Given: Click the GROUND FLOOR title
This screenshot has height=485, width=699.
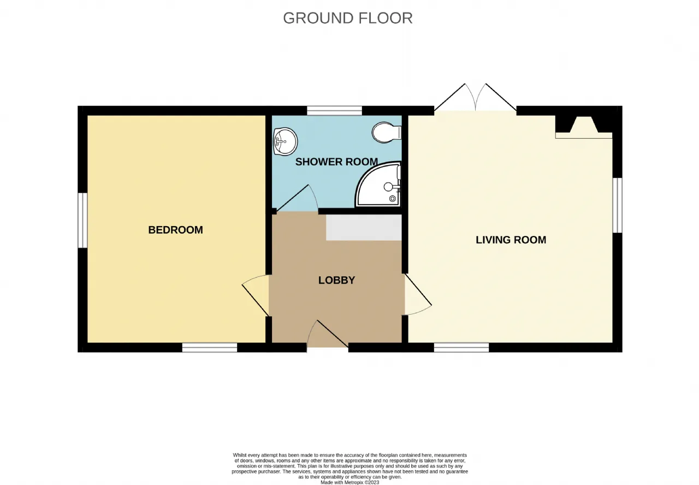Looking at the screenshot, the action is point(348,18).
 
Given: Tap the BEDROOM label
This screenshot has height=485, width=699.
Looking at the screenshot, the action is point(175,230).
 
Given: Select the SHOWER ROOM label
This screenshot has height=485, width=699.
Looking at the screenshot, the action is point(336,162).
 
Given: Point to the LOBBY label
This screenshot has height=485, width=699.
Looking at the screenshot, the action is point(336,280).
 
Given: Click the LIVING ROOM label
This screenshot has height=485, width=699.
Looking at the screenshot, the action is point(511,240).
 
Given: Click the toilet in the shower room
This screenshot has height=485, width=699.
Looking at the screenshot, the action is point(386,132).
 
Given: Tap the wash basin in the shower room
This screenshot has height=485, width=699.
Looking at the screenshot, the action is point(285,141).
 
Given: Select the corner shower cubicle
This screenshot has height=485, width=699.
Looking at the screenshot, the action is point(378,184).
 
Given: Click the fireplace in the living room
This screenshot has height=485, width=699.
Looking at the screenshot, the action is point(584,127).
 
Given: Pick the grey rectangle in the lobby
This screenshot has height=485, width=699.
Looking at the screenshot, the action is point(364,228).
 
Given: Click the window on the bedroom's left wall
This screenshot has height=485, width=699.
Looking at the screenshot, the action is point(82,220).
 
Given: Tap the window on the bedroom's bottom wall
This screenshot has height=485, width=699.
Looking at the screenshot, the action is point(210,347).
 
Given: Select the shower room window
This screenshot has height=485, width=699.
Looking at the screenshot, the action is point(335,111).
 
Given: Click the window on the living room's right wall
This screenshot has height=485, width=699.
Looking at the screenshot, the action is point(618,205).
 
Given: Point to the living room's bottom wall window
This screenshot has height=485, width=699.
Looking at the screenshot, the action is point(461,347).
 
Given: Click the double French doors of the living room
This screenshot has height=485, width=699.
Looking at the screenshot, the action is point(475,97).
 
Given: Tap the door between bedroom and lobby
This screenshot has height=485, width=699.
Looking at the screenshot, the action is point(256,295).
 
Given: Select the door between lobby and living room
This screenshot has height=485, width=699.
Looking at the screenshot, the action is point(418,294).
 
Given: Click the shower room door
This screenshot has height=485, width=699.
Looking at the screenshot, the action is point(298,198).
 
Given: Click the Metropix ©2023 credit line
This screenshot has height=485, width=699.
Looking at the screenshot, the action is point(350,482).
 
